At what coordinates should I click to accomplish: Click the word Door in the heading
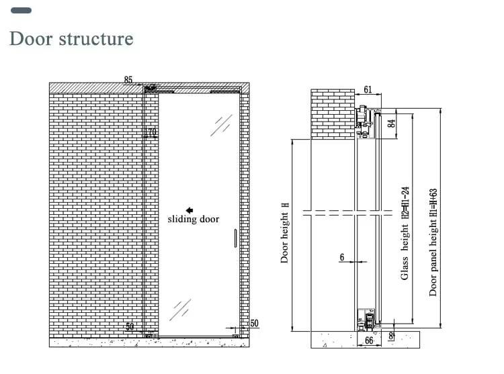point(31,38)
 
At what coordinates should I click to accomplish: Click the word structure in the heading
point(96,38)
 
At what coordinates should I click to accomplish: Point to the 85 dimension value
point(128,80)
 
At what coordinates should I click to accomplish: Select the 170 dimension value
point(151,133)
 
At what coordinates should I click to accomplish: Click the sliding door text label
point(193,220)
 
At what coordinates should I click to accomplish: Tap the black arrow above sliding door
point(190,210)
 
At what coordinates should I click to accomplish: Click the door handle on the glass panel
point(235,239)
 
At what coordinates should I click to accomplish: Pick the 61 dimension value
point(367,89)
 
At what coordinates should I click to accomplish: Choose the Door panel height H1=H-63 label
point(433,242)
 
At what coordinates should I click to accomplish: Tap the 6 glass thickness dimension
point(341,257)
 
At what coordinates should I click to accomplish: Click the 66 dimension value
point(368,341)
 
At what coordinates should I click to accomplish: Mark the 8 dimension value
point(392,336)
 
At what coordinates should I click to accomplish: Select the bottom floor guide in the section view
point(368,322)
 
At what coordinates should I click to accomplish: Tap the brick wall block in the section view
point(333,112)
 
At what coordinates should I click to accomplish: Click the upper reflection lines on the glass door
point(222,126)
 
